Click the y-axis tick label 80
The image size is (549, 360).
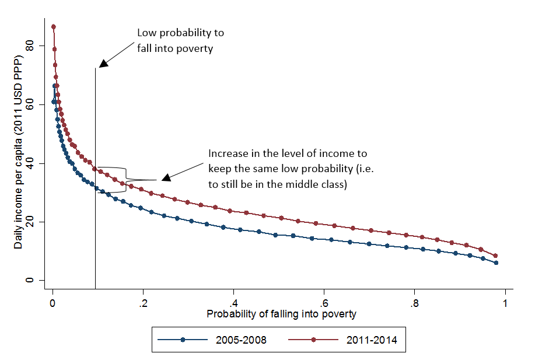[37, 46]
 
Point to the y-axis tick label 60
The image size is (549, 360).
[37, 104]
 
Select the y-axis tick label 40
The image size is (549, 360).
[37, 163]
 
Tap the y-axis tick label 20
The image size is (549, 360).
[37, 222]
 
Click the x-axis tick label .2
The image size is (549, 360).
[142, 303]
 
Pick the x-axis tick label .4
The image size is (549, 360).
[233, 303]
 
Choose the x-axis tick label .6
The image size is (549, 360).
[323, 303]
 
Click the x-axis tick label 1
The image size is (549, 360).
[505, 303]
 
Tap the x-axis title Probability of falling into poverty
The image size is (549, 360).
[281, 314]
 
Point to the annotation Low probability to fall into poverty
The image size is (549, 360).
[180, 40]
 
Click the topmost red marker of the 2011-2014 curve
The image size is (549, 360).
[53, 27]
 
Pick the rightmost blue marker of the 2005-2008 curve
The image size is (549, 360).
[495, 263]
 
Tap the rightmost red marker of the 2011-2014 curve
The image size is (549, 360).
[495, 256]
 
